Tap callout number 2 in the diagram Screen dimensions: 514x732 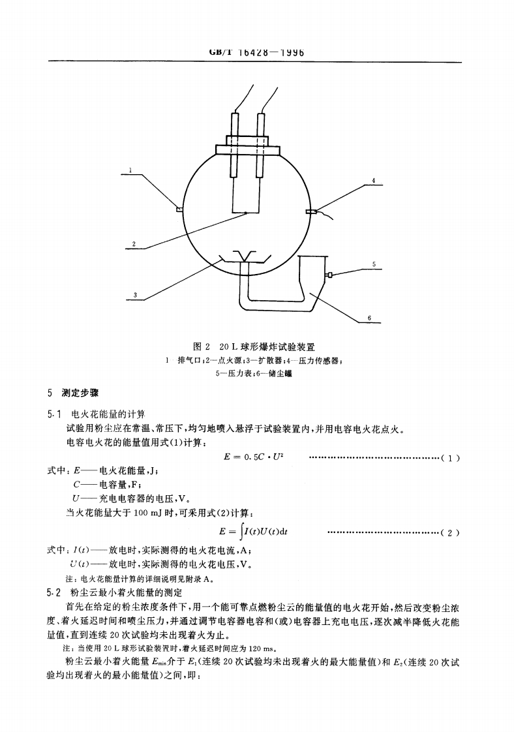134,244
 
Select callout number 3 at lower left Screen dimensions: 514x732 135,295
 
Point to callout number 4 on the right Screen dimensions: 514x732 373,179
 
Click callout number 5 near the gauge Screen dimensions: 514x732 373,264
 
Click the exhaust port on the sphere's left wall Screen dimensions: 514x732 179,210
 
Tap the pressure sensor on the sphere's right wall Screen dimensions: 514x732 312,211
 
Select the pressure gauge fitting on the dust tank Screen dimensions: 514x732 329,275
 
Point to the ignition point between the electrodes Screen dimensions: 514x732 246,212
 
